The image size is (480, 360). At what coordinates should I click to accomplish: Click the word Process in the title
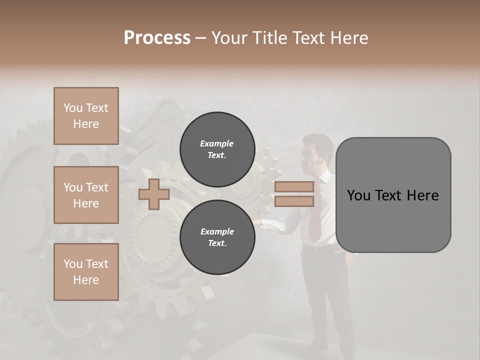[x=157, y=38]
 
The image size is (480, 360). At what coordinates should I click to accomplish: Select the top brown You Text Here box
[x=86, y=116]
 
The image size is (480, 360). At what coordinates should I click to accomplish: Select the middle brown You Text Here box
[x=86, y=195]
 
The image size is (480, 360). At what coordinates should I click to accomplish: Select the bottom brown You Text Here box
[x=86, y=272]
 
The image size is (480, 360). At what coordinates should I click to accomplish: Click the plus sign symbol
[x=153, y=194]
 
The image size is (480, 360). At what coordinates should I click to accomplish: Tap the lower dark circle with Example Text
[x=216, y=237]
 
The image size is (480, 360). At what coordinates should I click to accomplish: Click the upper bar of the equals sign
[x=294, y=187]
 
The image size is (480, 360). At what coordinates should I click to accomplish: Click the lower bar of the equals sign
[x=294, y=201]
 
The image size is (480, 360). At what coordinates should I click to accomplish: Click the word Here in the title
[x=349, y=38]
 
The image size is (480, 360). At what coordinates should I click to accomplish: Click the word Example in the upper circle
[x=216, y=143]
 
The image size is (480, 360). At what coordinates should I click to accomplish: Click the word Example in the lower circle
[x=216, y=231]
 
